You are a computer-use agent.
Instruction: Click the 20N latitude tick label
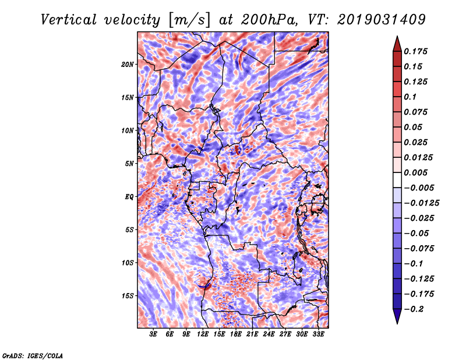coord(128,65)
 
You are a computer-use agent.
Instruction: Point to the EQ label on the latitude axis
coord(129,197)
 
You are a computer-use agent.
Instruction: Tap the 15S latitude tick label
coord(128,296)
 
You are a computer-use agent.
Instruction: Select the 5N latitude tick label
coord(129,164)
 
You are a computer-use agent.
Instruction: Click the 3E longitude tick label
coord(153,334)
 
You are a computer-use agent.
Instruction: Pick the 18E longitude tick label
coord(236,334)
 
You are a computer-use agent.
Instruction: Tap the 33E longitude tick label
coord(318,334)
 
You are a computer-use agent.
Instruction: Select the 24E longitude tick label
coord(269,334)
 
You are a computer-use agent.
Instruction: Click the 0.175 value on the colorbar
coord(415,51)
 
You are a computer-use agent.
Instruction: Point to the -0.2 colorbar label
coord(414,309)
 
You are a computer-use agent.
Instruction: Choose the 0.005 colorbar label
coord(415,172)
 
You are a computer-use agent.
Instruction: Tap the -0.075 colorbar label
coord(419,249)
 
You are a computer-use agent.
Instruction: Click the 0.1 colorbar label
coord(410,97)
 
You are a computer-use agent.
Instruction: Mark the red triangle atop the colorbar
coord(397,44)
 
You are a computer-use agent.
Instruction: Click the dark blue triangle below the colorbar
coord(397,316)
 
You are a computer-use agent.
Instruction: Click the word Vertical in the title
coord(69,20)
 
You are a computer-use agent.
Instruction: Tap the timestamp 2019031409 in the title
coord(382,20)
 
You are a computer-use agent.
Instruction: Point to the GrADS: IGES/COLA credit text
coord(33,355)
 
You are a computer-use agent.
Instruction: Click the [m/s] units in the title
coord(189,20)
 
